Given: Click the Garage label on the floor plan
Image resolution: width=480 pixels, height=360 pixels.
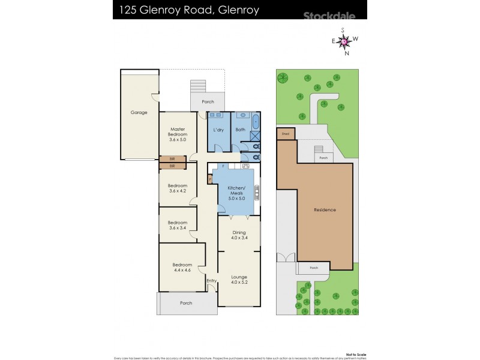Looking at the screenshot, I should [x=139, y=112].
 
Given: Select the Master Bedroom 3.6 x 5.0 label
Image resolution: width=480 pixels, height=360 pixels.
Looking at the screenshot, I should [x=178, y=134].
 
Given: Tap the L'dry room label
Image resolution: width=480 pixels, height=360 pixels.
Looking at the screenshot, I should [x=218, y=130].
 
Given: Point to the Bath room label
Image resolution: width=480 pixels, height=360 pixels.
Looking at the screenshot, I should [x=240, y=130].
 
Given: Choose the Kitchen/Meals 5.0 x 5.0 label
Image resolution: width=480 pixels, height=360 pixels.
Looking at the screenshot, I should [x=236, y=193].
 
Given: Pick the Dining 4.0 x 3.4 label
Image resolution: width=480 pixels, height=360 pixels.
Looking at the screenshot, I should [x=239, y=235].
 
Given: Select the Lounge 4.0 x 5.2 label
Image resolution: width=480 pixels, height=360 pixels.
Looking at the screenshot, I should [x=239, y=280].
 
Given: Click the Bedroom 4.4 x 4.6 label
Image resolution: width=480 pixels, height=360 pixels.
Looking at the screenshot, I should [x=182, y=268].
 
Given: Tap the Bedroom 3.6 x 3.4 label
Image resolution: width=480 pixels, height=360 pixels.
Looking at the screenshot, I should [x=178, y=224].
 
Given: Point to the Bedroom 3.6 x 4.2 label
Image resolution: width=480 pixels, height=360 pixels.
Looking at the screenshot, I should [x=178, y=189].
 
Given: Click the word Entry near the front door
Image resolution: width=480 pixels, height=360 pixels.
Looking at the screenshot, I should [x=211, y=281].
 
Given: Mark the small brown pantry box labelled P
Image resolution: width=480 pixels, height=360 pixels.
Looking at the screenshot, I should [x=210, y=178].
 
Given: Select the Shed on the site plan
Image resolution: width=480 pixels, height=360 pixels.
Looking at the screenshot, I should [x=286, y=134].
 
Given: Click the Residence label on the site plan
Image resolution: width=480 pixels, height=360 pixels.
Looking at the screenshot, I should [x=325, y=210].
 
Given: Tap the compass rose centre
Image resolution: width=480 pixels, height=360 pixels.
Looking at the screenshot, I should [x=344, y=41].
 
